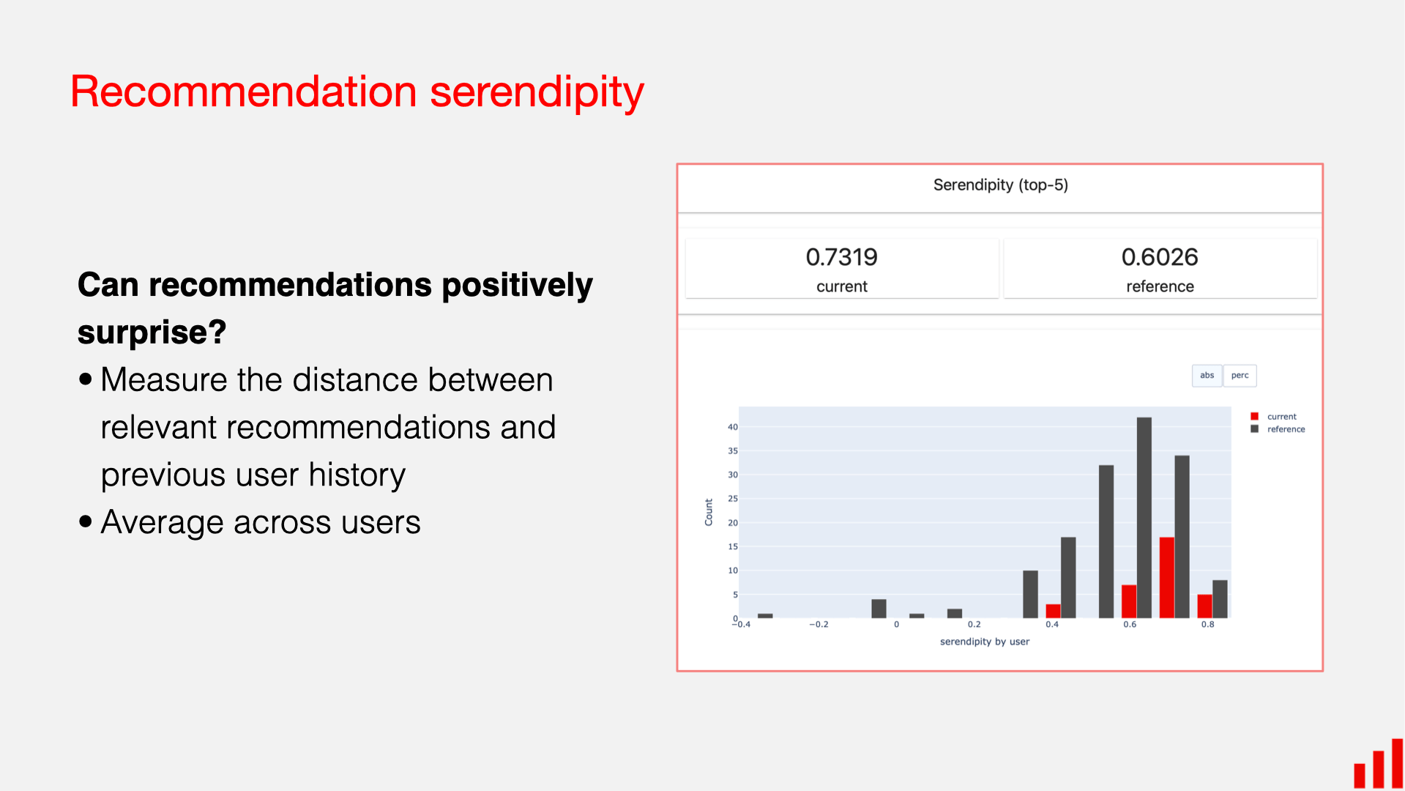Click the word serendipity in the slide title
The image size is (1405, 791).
536,93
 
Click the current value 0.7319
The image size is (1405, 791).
841,257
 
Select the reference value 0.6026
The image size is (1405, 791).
1159,257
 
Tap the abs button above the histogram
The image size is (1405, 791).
1207,376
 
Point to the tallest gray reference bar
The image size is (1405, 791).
1144,516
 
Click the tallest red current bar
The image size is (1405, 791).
1166,577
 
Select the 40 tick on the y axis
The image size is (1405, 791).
732,427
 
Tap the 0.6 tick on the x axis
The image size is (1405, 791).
1130,625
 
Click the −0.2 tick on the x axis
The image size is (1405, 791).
819,625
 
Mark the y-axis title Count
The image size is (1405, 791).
708,512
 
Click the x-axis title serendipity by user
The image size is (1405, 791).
984,642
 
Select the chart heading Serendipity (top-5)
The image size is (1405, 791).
1000,185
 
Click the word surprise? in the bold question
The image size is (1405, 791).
152,333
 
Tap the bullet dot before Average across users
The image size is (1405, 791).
86,521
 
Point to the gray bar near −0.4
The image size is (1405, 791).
765,615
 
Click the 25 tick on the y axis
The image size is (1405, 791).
732,499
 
